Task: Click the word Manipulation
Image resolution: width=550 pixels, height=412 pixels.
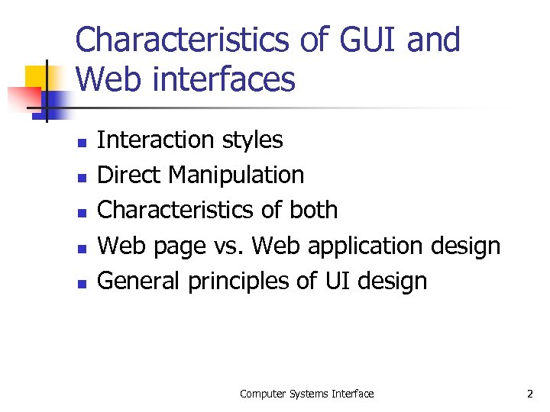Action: point(236,175)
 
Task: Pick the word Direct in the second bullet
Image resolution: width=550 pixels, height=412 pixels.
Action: point(131,175)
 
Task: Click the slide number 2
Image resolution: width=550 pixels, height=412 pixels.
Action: point(529,394)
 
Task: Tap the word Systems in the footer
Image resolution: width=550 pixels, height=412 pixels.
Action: point(306,394)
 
